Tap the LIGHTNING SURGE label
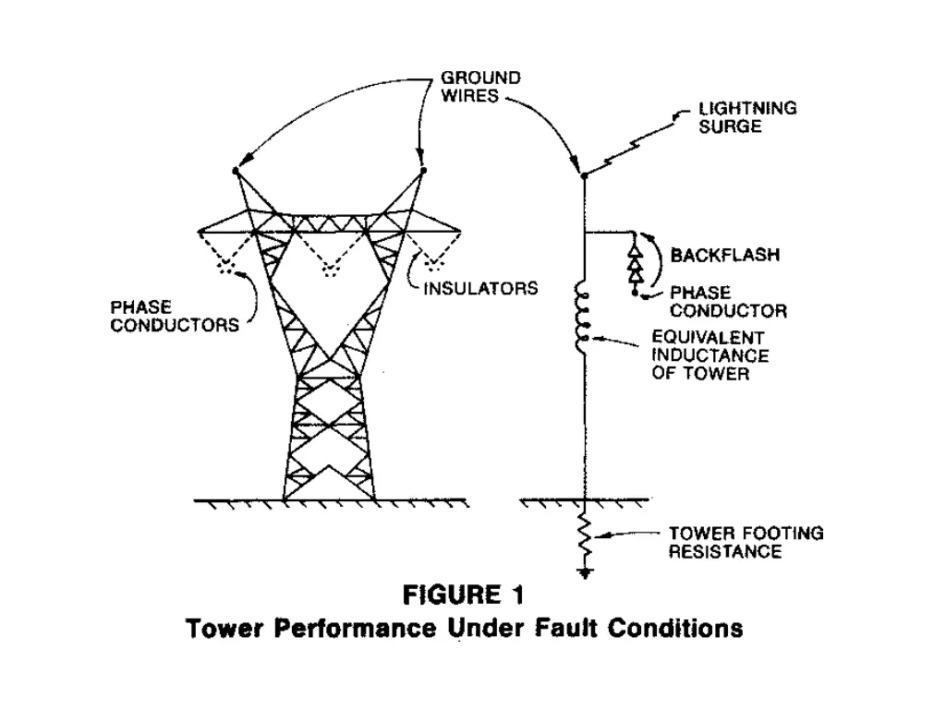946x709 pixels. (x=747, y=117)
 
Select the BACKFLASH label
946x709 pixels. (x=724, y=255)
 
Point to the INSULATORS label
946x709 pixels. (x=480, y=289)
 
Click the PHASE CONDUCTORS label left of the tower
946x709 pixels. (x=175, y=315)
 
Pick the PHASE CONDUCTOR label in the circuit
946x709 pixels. (x=729, y=302)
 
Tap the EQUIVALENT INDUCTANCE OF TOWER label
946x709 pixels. (x=709, y=356)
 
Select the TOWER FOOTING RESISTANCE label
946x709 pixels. (x=746, y=543)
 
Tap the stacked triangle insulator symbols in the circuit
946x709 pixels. (x=636, y=265)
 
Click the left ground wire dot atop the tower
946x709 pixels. (x=236, y=171)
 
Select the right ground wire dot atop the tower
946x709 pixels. (x=424, y=171)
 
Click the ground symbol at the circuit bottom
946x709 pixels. (x=584, y=573)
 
